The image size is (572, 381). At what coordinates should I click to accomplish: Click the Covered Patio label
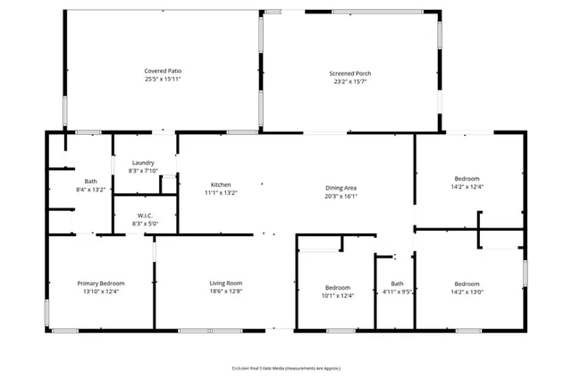coord(163,71)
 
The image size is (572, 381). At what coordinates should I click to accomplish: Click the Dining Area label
coord(341,188)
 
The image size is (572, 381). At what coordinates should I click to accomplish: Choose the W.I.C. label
coord(144,215)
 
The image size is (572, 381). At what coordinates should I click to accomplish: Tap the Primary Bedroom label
coord(100,283)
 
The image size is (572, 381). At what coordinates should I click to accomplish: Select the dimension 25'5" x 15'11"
coord(163,79)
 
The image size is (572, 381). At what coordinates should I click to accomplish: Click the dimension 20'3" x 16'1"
coord(341,196)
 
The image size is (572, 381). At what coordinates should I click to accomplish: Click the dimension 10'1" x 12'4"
coord(338,295)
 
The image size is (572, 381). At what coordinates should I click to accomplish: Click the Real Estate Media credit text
coord(286,368)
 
